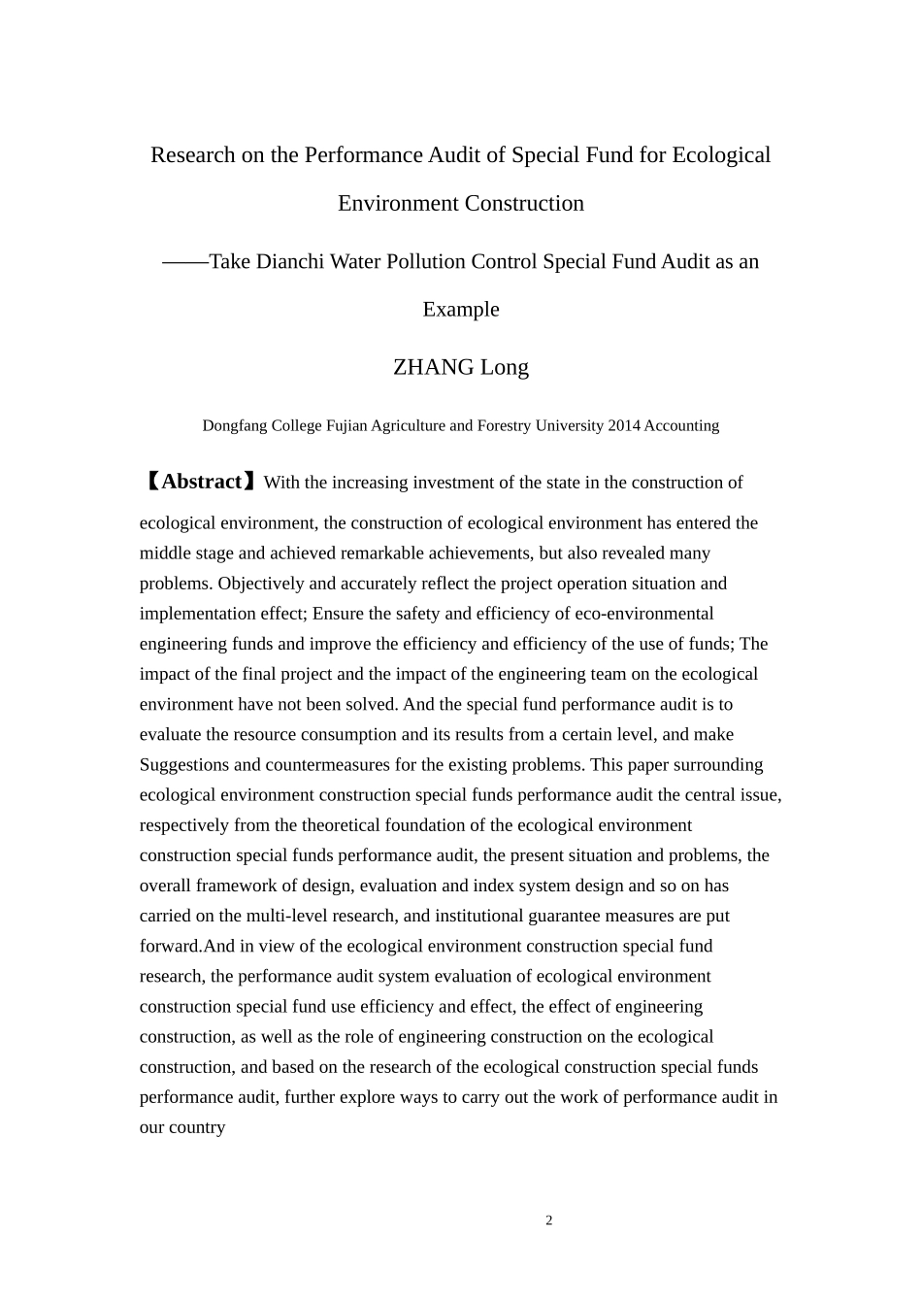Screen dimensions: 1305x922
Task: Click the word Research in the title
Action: tap(193, 155)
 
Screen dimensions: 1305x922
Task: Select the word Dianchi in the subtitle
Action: tap(290, 261)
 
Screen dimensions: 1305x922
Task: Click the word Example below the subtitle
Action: tap(461, 310)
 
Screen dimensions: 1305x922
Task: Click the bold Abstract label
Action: tap(203, 482)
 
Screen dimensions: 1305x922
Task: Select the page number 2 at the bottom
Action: tap(549, 1221)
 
